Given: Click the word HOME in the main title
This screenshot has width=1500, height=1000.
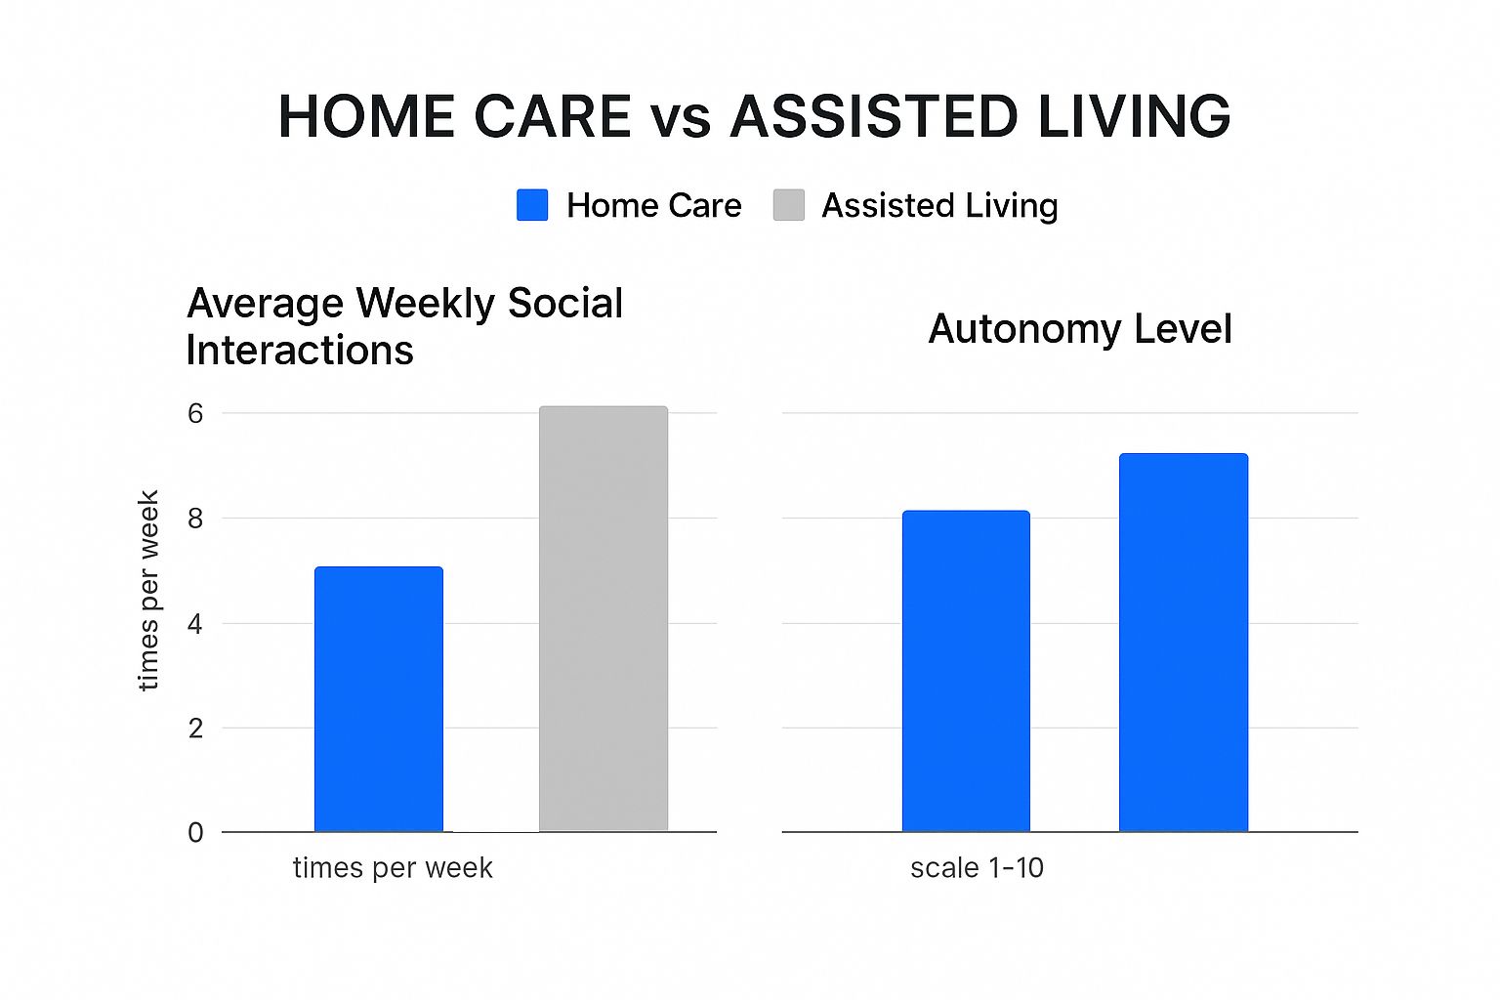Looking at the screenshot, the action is coord(367,116).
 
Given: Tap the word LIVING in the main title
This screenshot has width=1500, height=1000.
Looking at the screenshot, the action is coord(1134,116).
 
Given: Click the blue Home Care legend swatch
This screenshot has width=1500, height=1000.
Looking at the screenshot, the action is coord(532,205).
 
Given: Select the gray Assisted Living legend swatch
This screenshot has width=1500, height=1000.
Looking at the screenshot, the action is coord(789,205).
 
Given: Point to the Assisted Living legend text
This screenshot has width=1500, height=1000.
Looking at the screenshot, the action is coord(939,205).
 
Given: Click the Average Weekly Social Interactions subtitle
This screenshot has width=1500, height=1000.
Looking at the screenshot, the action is coord(404,326).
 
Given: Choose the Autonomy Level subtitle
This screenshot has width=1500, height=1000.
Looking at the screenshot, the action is coord(1080,329).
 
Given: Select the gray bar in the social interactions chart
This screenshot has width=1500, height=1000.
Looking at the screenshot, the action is coord(604,619).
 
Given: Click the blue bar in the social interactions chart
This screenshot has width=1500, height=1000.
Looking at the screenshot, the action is coord(379,699).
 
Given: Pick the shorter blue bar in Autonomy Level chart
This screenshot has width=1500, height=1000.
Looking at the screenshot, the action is coord(966,671).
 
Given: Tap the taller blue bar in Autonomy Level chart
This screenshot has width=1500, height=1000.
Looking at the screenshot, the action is coord(1184,643).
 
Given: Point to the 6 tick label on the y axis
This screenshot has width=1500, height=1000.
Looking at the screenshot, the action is coord(195,414).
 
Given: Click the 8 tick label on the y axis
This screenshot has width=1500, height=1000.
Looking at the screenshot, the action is coord(195,519).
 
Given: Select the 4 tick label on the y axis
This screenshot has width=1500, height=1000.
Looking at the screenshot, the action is coord(195,624).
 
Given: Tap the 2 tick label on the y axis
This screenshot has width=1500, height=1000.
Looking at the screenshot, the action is coord(195,729).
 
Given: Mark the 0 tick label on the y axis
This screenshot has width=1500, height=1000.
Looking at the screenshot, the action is coord(195,833).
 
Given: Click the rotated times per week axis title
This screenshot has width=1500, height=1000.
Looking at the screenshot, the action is coord(148,590).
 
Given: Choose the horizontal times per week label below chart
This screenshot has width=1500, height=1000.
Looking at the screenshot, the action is coord(393,869).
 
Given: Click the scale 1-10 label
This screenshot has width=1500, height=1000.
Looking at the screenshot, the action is coord(977,868).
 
